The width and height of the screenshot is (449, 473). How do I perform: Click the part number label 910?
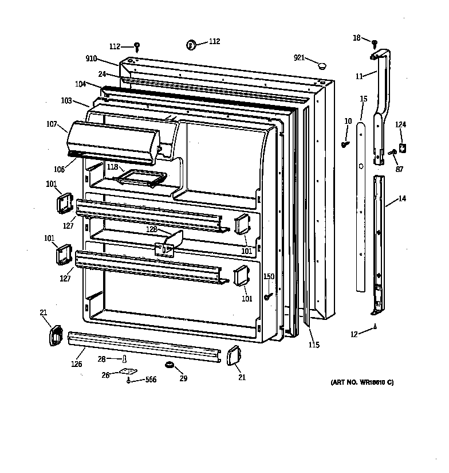coord(92,59)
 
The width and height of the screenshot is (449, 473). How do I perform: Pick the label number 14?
coord(402,200)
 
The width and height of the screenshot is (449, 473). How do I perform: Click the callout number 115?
coord(313,345)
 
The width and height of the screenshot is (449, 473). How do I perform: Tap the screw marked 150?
coord(267,296)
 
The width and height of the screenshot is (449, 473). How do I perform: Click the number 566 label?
coord(150,380)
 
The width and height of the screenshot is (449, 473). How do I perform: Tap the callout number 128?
coord(152,229)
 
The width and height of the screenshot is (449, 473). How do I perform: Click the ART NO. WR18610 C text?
coord(362,382)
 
